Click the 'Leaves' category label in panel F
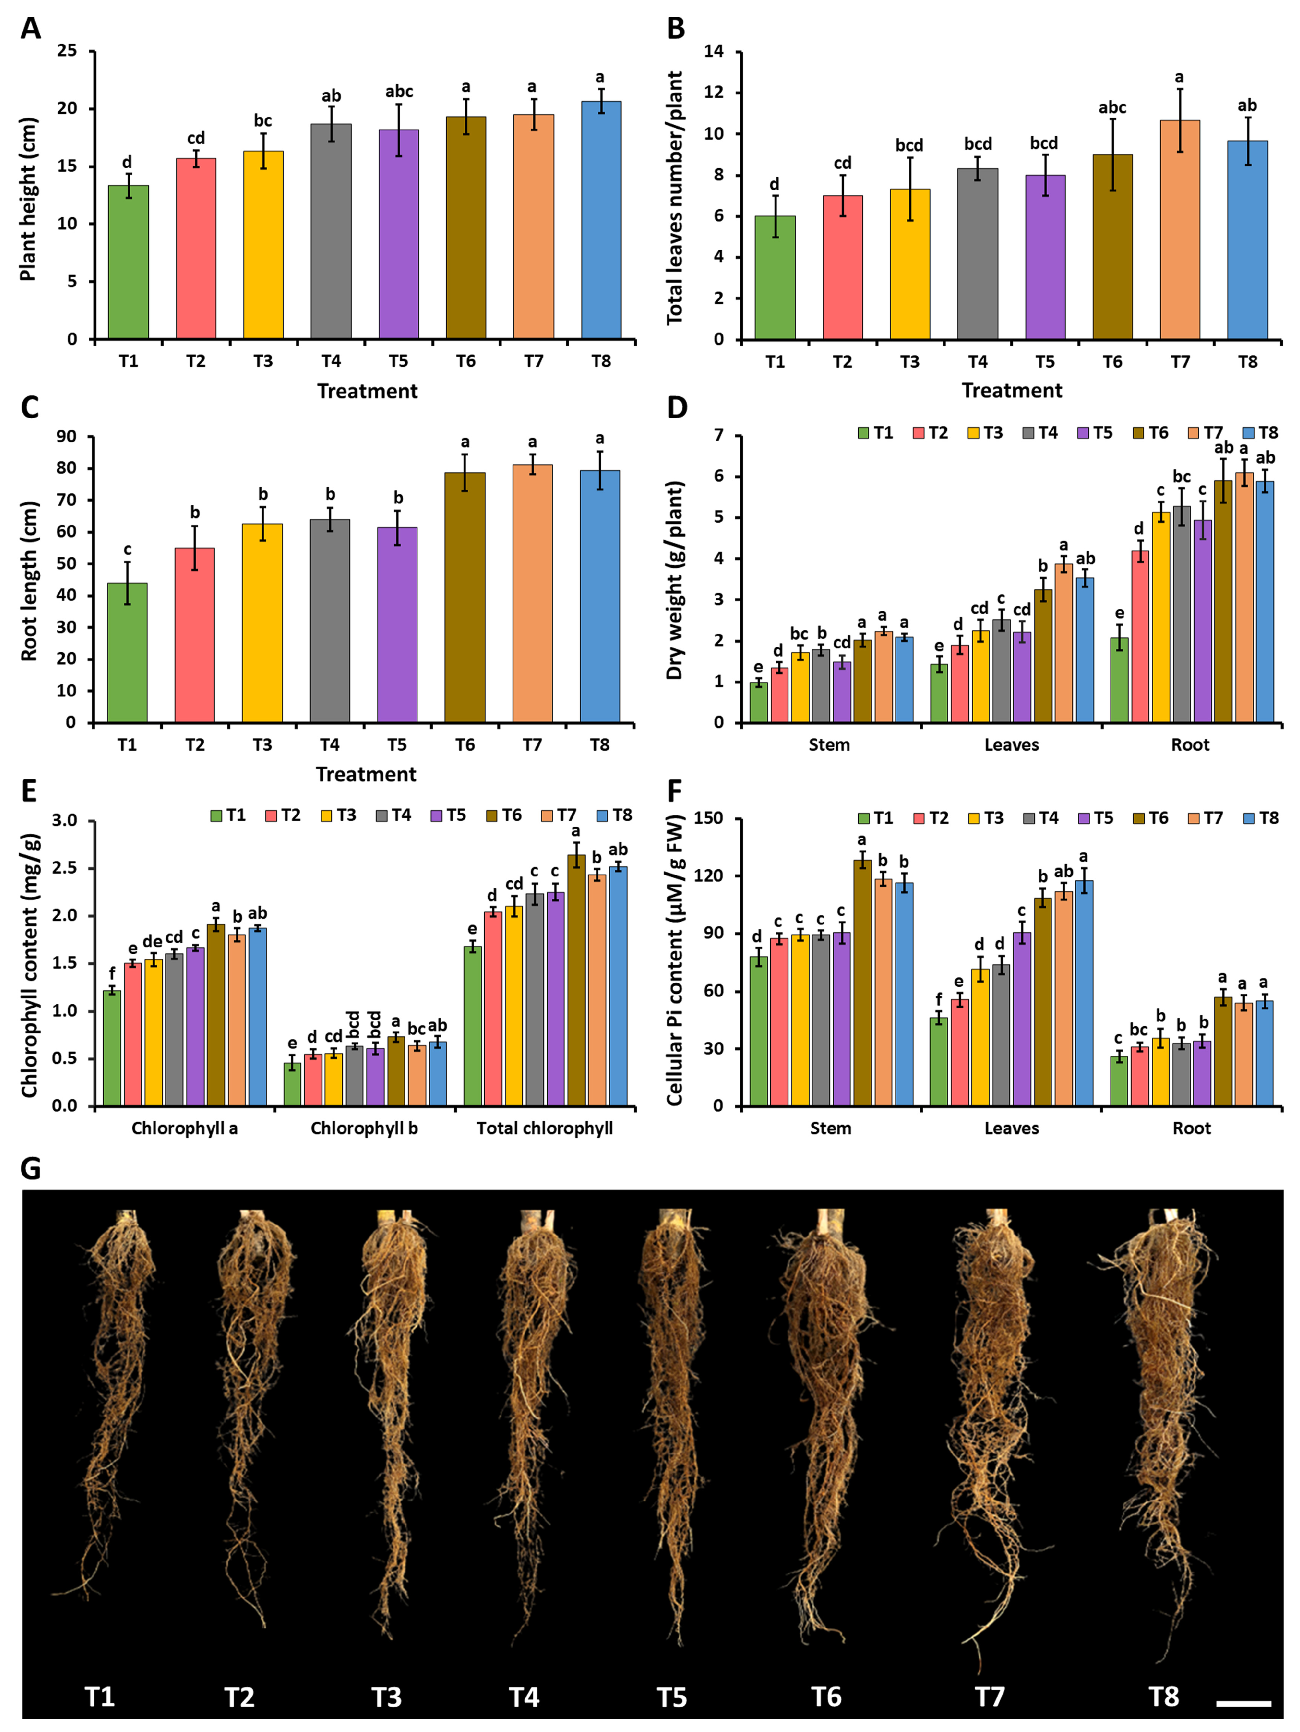[1011, 1128]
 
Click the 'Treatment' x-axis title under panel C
[366, 774]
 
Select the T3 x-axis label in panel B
[909, 362]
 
